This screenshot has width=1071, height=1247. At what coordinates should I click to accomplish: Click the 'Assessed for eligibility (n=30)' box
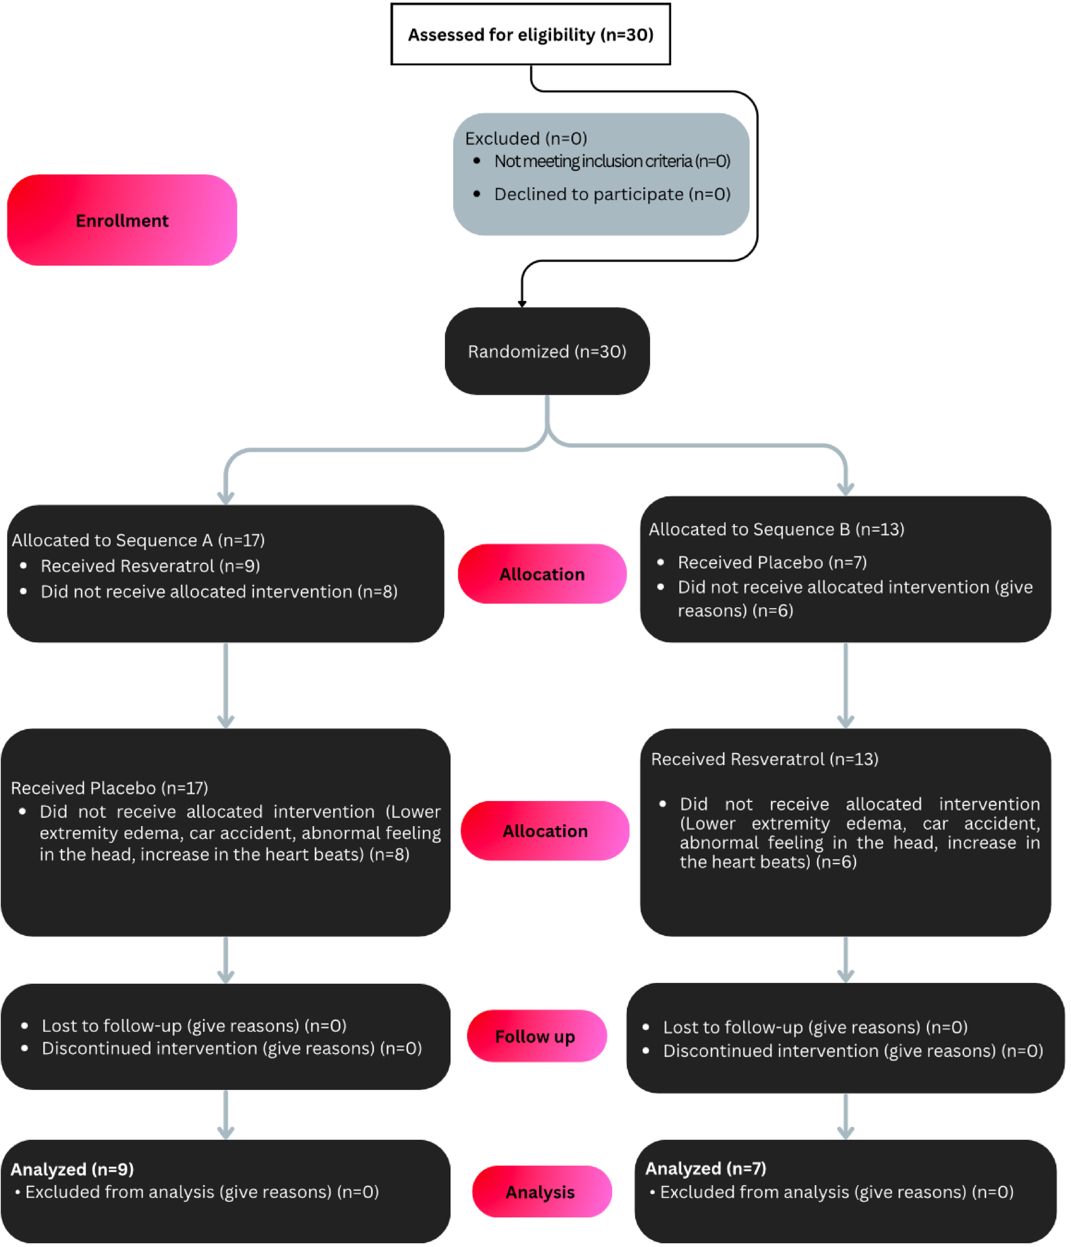click(530, 34)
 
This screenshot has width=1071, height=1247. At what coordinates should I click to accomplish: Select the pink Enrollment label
click(122, 220)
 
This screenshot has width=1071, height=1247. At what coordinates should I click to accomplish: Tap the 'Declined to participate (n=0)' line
click(612, 194)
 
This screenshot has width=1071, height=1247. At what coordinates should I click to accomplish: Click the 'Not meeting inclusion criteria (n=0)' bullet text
click(612, 161)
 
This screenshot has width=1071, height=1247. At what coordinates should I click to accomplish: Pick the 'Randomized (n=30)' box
click(546, 351)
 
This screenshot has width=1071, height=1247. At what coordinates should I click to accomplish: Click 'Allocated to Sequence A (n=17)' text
click(138, 540)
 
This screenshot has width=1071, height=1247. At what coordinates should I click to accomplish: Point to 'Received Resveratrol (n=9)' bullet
click(150, 566)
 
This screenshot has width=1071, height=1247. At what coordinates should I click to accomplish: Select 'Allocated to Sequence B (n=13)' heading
click(776, 530)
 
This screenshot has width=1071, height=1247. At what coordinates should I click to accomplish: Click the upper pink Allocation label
click(541, 574)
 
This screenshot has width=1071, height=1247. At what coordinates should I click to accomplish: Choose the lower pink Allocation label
click(545, 831)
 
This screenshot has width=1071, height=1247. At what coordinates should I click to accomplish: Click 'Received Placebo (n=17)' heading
click(109, 788)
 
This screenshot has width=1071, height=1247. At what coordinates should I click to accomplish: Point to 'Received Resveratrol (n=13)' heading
click(764, 760)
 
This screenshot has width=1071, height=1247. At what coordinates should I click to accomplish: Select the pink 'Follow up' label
click(535, 1036)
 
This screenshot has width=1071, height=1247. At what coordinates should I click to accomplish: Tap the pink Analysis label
click(541, 1192)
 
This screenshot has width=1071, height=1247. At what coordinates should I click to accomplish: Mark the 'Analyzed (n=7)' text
click(706, 1169)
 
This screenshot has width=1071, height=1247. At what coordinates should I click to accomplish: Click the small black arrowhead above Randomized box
click(522, 303)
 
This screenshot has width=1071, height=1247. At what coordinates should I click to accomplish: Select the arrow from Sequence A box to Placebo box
click(226, 686)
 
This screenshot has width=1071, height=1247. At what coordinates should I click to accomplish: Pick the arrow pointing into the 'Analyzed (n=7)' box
click(845, 1118)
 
